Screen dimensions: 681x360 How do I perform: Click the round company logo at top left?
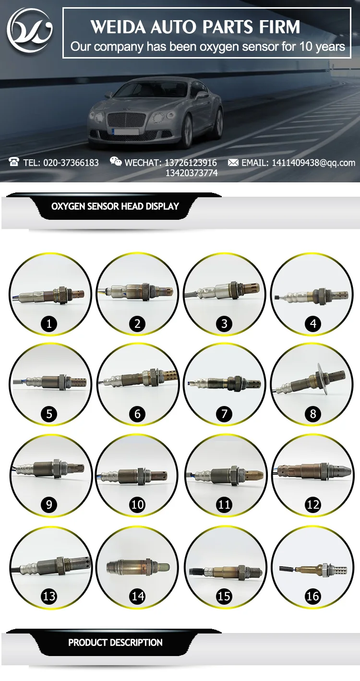tap(30, 30)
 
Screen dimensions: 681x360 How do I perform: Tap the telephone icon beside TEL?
tap(14, 162)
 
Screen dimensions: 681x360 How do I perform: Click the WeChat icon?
tap(116, 162)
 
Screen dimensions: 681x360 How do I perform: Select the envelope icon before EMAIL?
tap(233, 163)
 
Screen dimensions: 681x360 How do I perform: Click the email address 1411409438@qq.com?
tap(313, 163)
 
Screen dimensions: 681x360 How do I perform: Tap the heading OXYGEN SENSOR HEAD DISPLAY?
tap(115, 206)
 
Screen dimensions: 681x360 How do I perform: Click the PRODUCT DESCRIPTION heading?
tap(115, 643)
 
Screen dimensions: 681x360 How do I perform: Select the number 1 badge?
tap(49, 324)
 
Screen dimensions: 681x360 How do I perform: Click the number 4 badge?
tap(313, 324)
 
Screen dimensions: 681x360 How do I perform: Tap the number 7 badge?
tap(224, 414)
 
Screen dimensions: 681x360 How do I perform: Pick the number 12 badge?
tap(313, 504)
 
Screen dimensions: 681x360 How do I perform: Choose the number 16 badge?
tap(312, 596)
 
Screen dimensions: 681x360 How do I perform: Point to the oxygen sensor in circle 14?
tap(137, 566)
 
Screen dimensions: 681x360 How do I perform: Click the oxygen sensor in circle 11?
tap(226, 474)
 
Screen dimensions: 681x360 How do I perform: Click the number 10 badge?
tap(137, 504)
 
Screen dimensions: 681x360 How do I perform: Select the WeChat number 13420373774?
tap(192, 173)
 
